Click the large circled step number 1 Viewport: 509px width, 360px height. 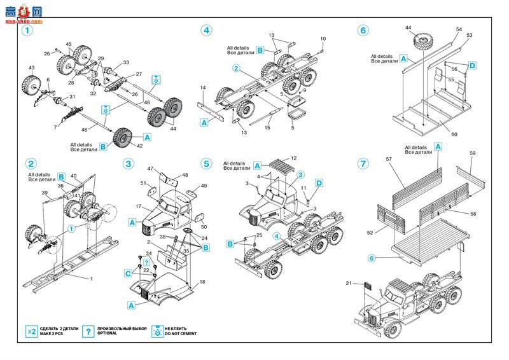[x=27, y=30]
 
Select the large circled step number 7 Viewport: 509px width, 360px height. [x=363, y=163]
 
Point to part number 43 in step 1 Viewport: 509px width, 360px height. [x=31, y=67]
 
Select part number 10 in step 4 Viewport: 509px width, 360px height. [x=323, y=39]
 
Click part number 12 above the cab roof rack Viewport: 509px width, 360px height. [x=293, y=158]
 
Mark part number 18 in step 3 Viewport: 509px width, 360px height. [x=202, y=281]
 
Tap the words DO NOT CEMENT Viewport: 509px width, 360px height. [x=181, y=334]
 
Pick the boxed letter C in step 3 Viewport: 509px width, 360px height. [x=129, y=273]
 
